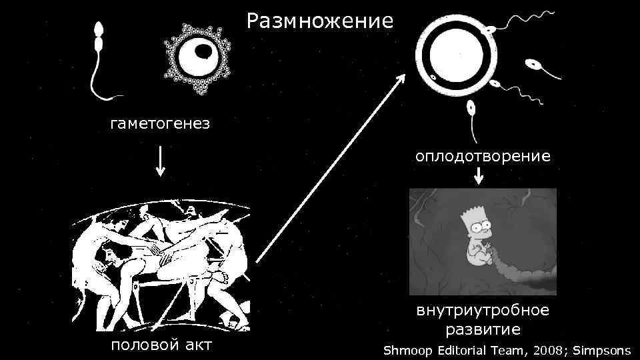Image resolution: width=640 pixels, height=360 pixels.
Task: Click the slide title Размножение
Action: click(320, 21)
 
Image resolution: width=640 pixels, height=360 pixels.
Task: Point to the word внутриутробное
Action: click(483, 310)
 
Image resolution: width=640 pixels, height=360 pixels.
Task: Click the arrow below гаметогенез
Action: click(160, 160)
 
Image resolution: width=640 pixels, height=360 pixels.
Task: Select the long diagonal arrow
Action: click(331, 167)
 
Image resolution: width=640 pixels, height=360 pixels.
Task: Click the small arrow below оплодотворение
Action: click(479, 176)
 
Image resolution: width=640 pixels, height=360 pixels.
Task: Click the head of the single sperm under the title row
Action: click(99, 30)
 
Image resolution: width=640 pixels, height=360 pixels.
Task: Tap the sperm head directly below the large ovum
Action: click(471, 107)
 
